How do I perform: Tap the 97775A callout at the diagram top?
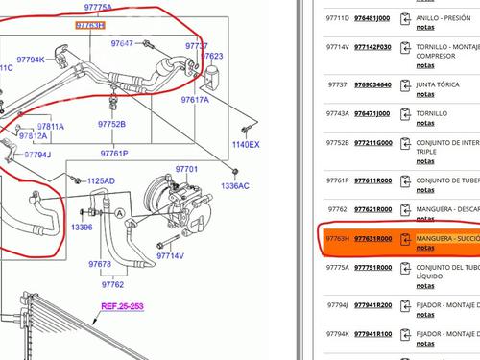94,8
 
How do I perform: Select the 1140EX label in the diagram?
245,144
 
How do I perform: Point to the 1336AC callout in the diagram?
234,185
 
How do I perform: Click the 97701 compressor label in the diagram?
187,169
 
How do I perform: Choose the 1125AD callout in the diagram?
101,180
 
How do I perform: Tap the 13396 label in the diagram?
83,228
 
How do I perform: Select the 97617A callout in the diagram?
193,100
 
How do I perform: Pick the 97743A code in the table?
337,113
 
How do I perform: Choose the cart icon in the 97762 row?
407,209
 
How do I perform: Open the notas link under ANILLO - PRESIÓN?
424,29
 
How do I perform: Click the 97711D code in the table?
337,18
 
